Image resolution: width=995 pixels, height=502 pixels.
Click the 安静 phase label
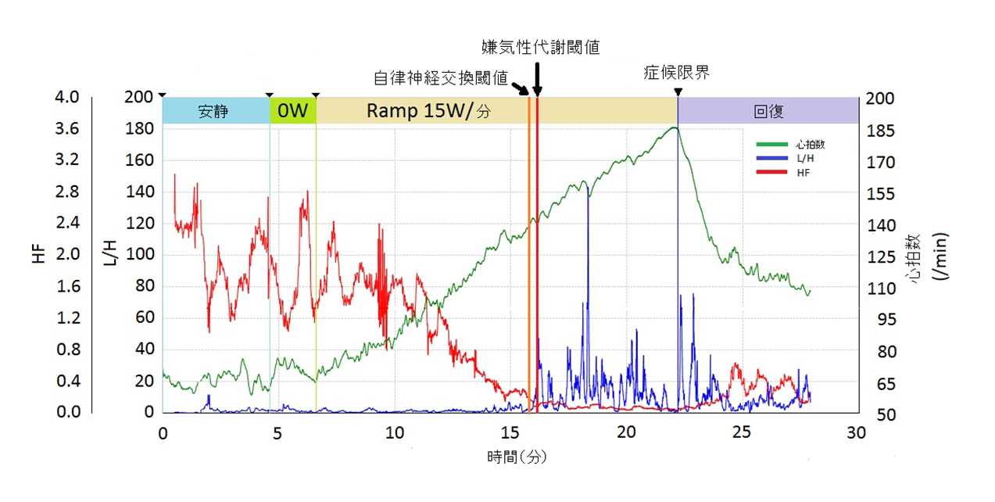click(213, 111)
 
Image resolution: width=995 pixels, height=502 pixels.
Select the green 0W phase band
click(293, 111)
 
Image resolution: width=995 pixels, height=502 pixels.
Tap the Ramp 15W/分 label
click(428, 111)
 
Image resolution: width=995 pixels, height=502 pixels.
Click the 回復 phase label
click(768, 111)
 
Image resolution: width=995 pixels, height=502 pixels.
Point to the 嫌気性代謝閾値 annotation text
click(540, 47)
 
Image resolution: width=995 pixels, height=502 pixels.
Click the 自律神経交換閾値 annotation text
click(441, 78)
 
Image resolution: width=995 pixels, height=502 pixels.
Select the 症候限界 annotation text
click(676, 73)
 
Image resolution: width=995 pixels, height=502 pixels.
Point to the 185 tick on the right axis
click(879, 130)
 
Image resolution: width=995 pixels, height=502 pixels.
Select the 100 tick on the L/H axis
click(141, 255)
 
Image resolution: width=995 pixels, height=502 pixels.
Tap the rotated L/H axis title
click(110, 252)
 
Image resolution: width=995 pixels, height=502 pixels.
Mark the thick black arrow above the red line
click(537, 78)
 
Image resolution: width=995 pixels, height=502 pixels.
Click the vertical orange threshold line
click(529, 250)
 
